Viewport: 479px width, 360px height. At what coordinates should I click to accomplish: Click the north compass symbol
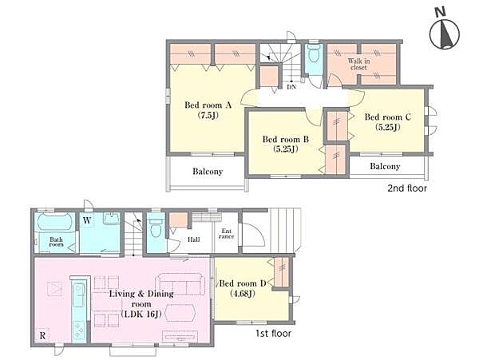click(x=445, y=33)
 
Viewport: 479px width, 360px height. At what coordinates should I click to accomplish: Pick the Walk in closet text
click(x=358, y=64)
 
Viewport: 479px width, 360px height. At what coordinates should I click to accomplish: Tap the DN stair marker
click(x=291, y=87)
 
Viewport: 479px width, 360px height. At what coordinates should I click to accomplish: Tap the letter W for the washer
click(x=87, y=220)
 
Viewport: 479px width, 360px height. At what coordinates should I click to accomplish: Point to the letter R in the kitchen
click(x=42, y=335)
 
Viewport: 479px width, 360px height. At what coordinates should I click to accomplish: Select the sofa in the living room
click(x=180, y=284)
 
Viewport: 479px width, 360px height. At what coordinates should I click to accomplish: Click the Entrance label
click(x=227, y=234)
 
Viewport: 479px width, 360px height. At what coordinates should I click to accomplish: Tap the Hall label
click(x=194, y=239)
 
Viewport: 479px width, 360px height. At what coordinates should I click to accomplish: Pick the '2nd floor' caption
click(x=407, y=188)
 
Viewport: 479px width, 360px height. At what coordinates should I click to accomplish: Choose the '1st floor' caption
click(x=273, y=334)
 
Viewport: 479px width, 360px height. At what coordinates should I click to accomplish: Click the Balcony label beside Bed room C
click(x=385, y=166)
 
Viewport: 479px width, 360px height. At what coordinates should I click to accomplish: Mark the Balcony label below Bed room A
click(x=208, y=172)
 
